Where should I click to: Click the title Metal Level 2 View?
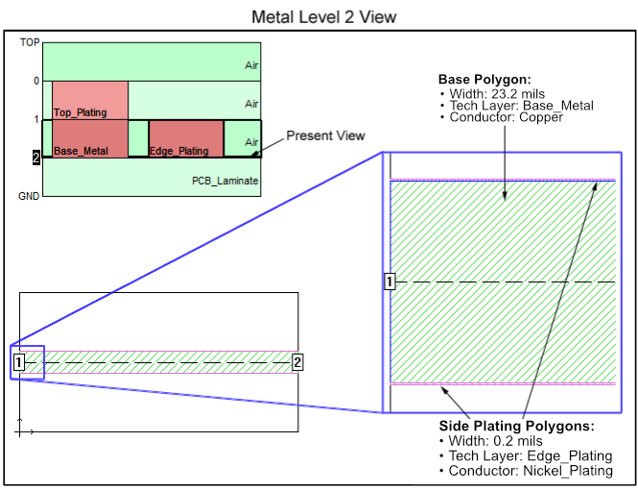[324, 17]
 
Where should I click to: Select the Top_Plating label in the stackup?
[81, 112]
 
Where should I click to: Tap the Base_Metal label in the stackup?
[81, 151]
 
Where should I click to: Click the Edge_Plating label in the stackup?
[179, 151]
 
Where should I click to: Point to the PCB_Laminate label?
[225, 181]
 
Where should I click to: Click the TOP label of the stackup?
[30, 42]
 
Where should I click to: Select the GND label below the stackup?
[29, 196]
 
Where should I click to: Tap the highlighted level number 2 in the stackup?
[36, 158]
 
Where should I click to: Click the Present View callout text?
[325, 135]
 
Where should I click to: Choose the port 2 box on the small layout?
[297, 362]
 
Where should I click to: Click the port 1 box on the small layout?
[19, 362]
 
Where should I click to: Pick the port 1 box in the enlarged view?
[390, 282]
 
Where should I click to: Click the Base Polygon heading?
[484, 80]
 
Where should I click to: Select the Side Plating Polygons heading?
[516, 426]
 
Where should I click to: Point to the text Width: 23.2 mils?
[497, 94]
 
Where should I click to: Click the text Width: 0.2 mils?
[495, 441]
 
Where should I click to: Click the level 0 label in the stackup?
[36, 81]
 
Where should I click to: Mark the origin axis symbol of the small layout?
[20, 431]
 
